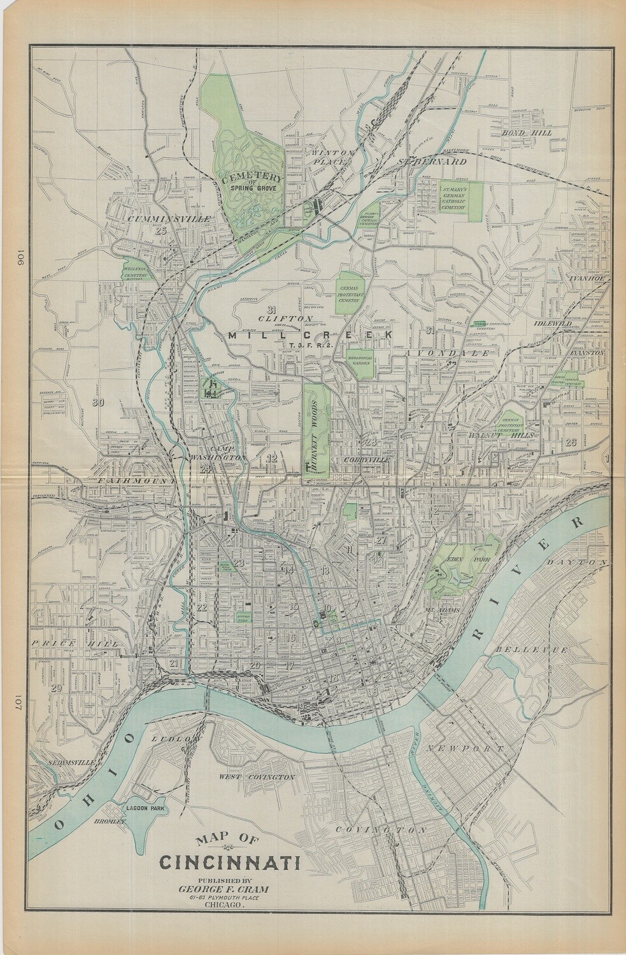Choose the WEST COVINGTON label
pos(256,777)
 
